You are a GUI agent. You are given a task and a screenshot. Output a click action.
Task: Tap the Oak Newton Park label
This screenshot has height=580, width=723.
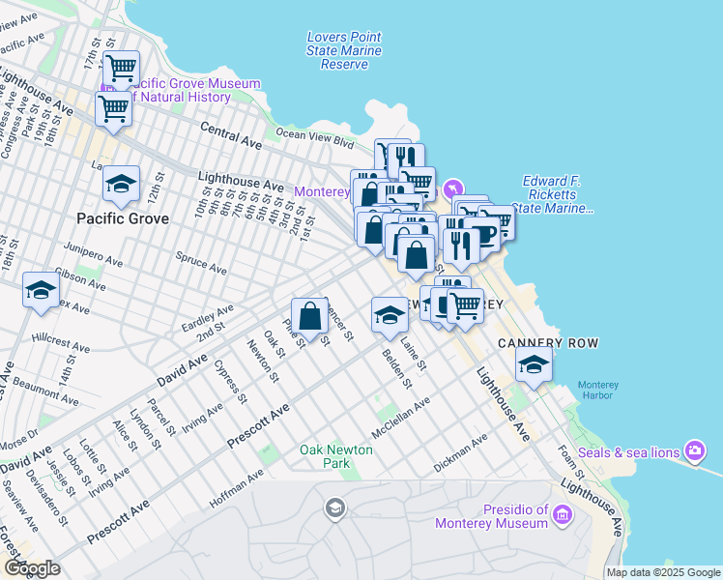click(x=324, y=456)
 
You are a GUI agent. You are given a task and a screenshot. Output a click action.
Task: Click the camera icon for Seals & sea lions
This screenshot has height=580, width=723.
click(x=694, y=451)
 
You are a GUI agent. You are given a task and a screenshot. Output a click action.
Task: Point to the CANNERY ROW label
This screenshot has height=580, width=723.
click(x=548, y=343)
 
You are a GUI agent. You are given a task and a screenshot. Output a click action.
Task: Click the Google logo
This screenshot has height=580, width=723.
click(x=32, y=568)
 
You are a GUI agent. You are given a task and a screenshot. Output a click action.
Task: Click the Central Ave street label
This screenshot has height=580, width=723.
click(x=231, y=134)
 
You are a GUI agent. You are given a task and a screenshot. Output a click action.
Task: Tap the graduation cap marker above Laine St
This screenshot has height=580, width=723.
click(x=390, y=315)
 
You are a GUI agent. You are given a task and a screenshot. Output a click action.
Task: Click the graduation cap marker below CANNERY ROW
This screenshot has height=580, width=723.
click(x=534, y=365)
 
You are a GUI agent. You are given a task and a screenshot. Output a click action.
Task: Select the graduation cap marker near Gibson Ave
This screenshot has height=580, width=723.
click(x=42, y=290)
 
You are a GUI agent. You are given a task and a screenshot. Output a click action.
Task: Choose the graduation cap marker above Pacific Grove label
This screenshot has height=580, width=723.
click(x=122, y=184)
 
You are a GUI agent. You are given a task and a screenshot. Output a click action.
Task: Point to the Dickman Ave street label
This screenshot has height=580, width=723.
click(x=461, y=452)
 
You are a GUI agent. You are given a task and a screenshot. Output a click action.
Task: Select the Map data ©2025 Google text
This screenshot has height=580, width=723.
click(x=662, y=572)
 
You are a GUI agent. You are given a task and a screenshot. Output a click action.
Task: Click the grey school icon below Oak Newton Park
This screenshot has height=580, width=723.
click(x=334, y=508)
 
